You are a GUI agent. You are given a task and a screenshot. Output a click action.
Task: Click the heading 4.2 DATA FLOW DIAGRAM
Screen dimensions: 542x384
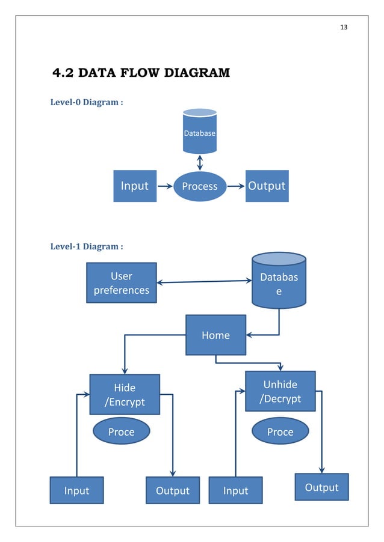[x=141, y=74]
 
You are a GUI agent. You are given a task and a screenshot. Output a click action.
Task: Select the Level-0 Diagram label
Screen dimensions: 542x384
[x=87, y=102]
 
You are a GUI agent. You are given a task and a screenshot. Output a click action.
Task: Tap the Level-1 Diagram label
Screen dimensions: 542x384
[x=87, y=246]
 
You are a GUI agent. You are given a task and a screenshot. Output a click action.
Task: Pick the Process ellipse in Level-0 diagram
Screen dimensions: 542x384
[x=199, y=186]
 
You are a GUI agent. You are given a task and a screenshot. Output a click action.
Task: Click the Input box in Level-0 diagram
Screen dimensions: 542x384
[x=135, y=186]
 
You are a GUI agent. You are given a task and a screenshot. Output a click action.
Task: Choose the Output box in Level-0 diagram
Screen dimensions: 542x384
[x=267, y=186]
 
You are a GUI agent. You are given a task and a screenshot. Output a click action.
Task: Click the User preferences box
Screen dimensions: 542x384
[x=122, y=282]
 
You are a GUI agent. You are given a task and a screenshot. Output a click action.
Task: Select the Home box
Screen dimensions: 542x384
[x=215, y=335]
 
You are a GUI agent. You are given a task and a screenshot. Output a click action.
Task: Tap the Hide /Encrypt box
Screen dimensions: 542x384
[x=125, y=394]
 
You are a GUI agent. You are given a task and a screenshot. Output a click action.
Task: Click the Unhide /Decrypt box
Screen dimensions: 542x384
[x=280, y=391]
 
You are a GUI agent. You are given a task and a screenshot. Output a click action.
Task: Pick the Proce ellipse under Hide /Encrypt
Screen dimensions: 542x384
[x=121, y=431]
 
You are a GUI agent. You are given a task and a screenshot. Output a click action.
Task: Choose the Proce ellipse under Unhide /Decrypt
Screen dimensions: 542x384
[x=280, y=431]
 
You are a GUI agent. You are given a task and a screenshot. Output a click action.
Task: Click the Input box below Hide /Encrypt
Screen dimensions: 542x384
[x=76, y=490]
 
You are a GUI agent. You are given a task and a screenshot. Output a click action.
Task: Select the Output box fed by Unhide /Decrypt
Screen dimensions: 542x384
[x=321, y=487]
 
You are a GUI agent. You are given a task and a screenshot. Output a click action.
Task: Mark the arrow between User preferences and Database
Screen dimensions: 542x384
[x=203, y=281]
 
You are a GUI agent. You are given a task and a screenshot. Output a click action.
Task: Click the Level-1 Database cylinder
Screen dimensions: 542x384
[x=279, y=281]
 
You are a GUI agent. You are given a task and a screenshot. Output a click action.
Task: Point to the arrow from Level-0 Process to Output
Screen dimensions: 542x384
[x=235, y=186]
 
